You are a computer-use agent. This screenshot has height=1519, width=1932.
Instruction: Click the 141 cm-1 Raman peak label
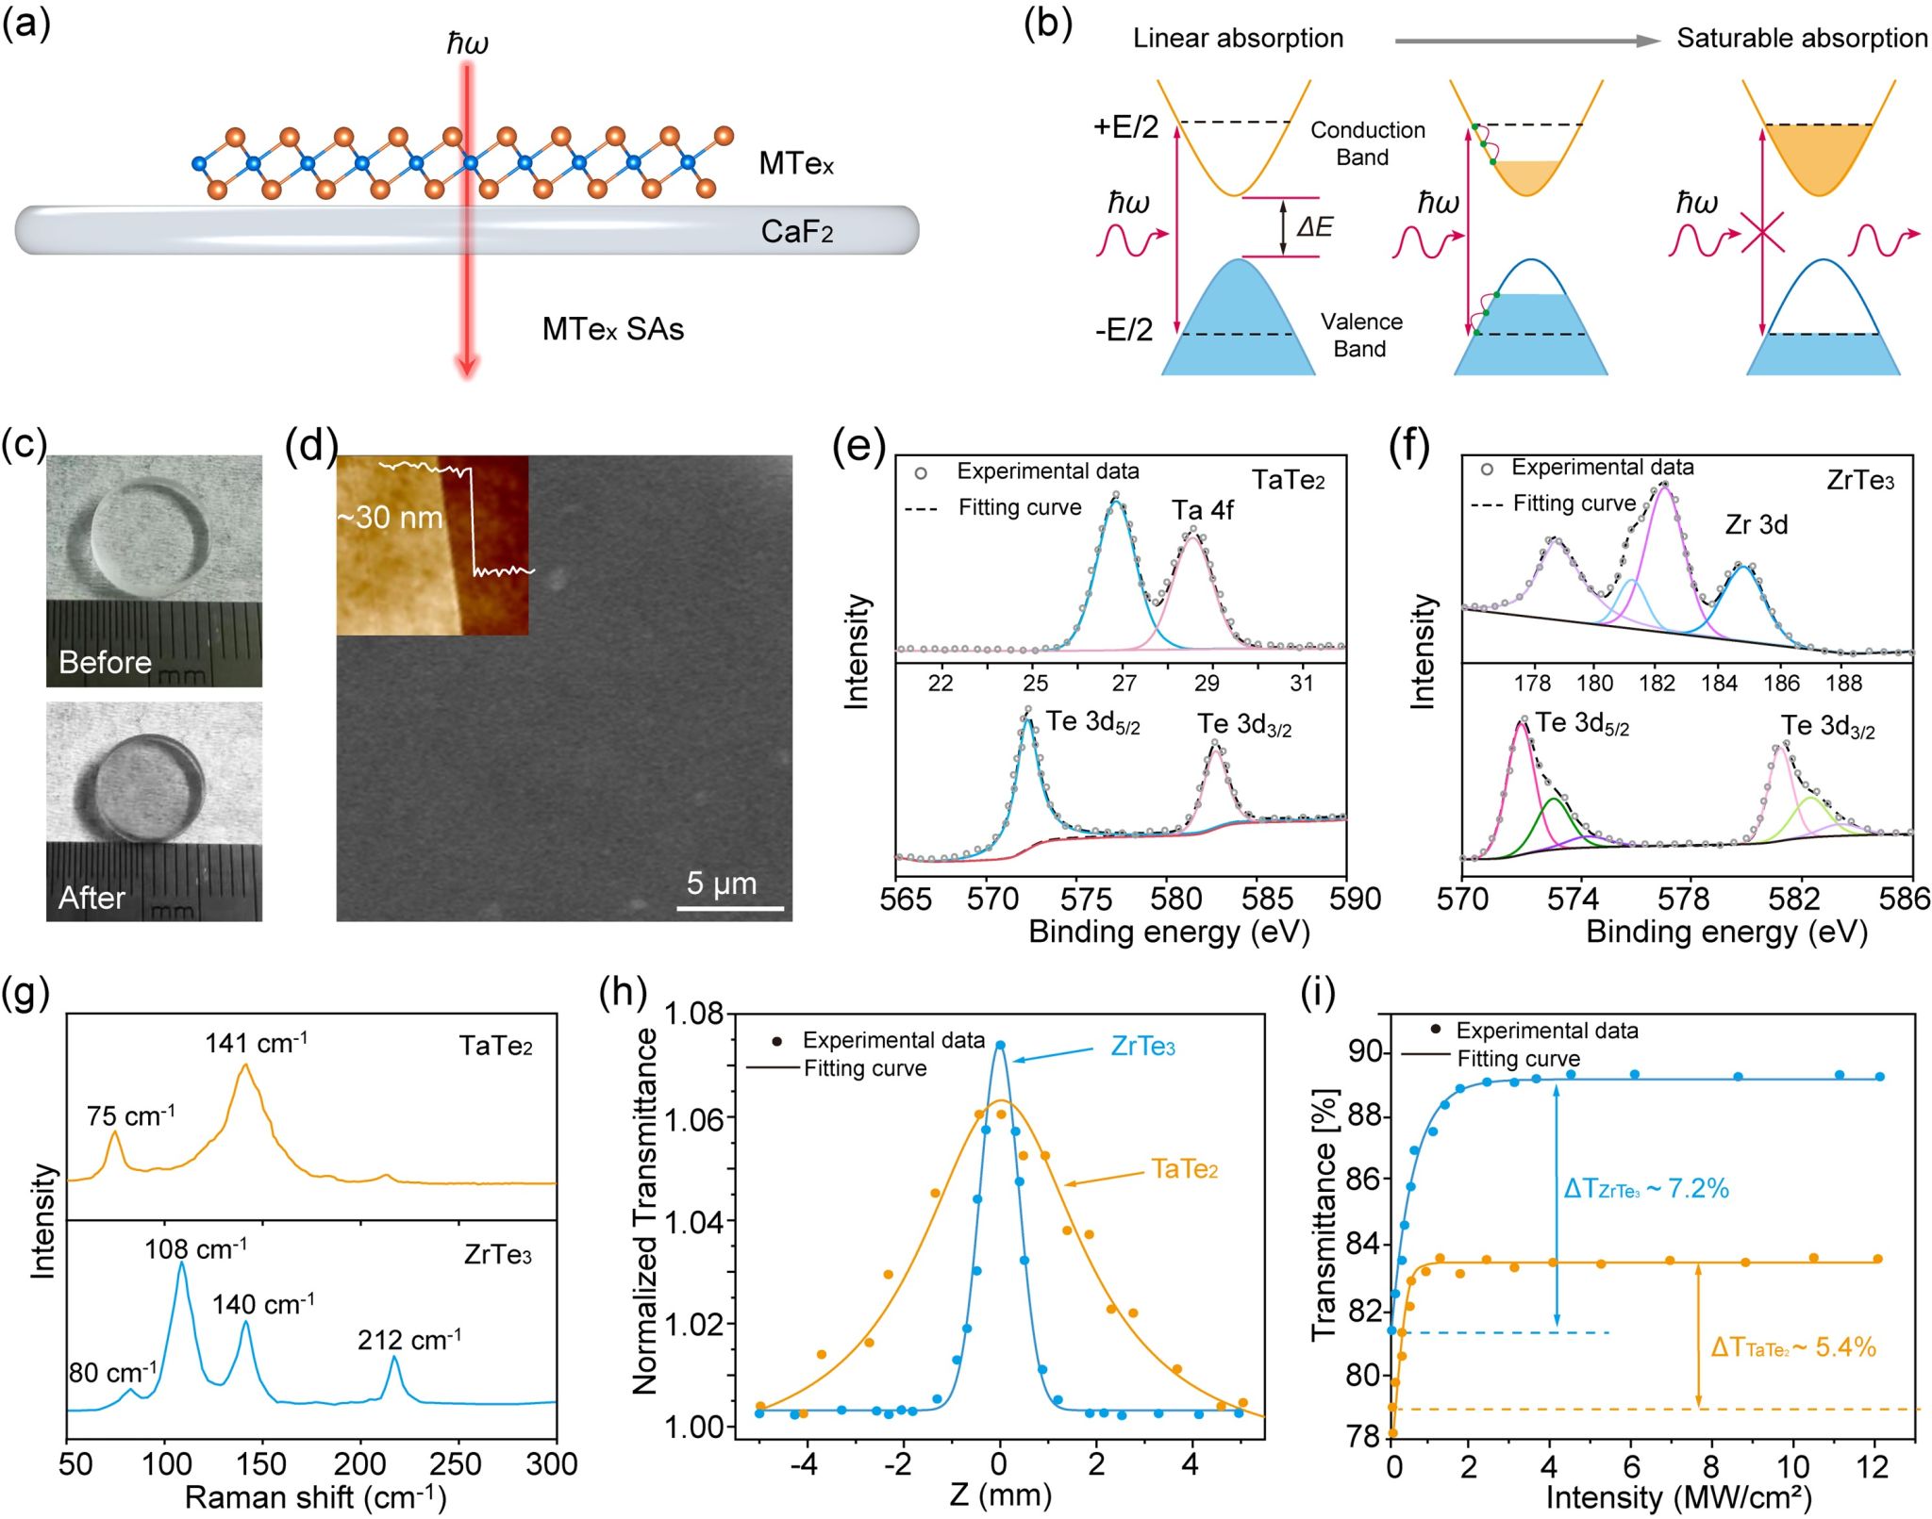[x=257, y=1043]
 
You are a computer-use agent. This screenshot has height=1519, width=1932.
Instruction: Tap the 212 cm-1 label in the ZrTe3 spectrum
[x=409, y=1340]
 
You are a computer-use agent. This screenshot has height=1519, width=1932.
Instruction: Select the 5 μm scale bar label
[x=722, y=883]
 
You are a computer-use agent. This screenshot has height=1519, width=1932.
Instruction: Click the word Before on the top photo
[x=105, y=662]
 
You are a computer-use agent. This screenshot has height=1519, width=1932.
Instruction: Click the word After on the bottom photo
[x=92, y=897]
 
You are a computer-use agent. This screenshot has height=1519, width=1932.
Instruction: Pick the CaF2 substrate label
[x=797, y=231]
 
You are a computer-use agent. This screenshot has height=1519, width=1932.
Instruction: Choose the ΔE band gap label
[x=1314, y=226]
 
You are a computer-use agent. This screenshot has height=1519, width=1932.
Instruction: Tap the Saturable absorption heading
[x=1802, y=38]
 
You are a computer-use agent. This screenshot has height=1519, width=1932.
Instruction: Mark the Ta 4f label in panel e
[x=1202, y=510]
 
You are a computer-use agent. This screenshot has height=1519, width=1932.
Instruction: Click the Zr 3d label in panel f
[x=1757, y=524]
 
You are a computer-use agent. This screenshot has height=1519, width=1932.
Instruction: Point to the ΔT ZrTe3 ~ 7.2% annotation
[x=1646, y=1189]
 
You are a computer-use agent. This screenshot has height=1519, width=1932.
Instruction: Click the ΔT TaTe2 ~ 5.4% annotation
[x=1792, y=1347]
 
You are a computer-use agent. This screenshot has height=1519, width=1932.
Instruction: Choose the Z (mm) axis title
[x=1000, y=1494]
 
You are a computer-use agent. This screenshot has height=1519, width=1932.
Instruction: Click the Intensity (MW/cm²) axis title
[x=1678, y=1496]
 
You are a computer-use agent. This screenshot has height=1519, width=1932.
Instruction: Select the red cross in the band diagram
[x=1761, y=232]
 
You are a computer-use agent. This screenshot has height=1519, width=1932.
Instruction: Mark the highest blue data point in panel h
[x=1001, y=1045]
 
